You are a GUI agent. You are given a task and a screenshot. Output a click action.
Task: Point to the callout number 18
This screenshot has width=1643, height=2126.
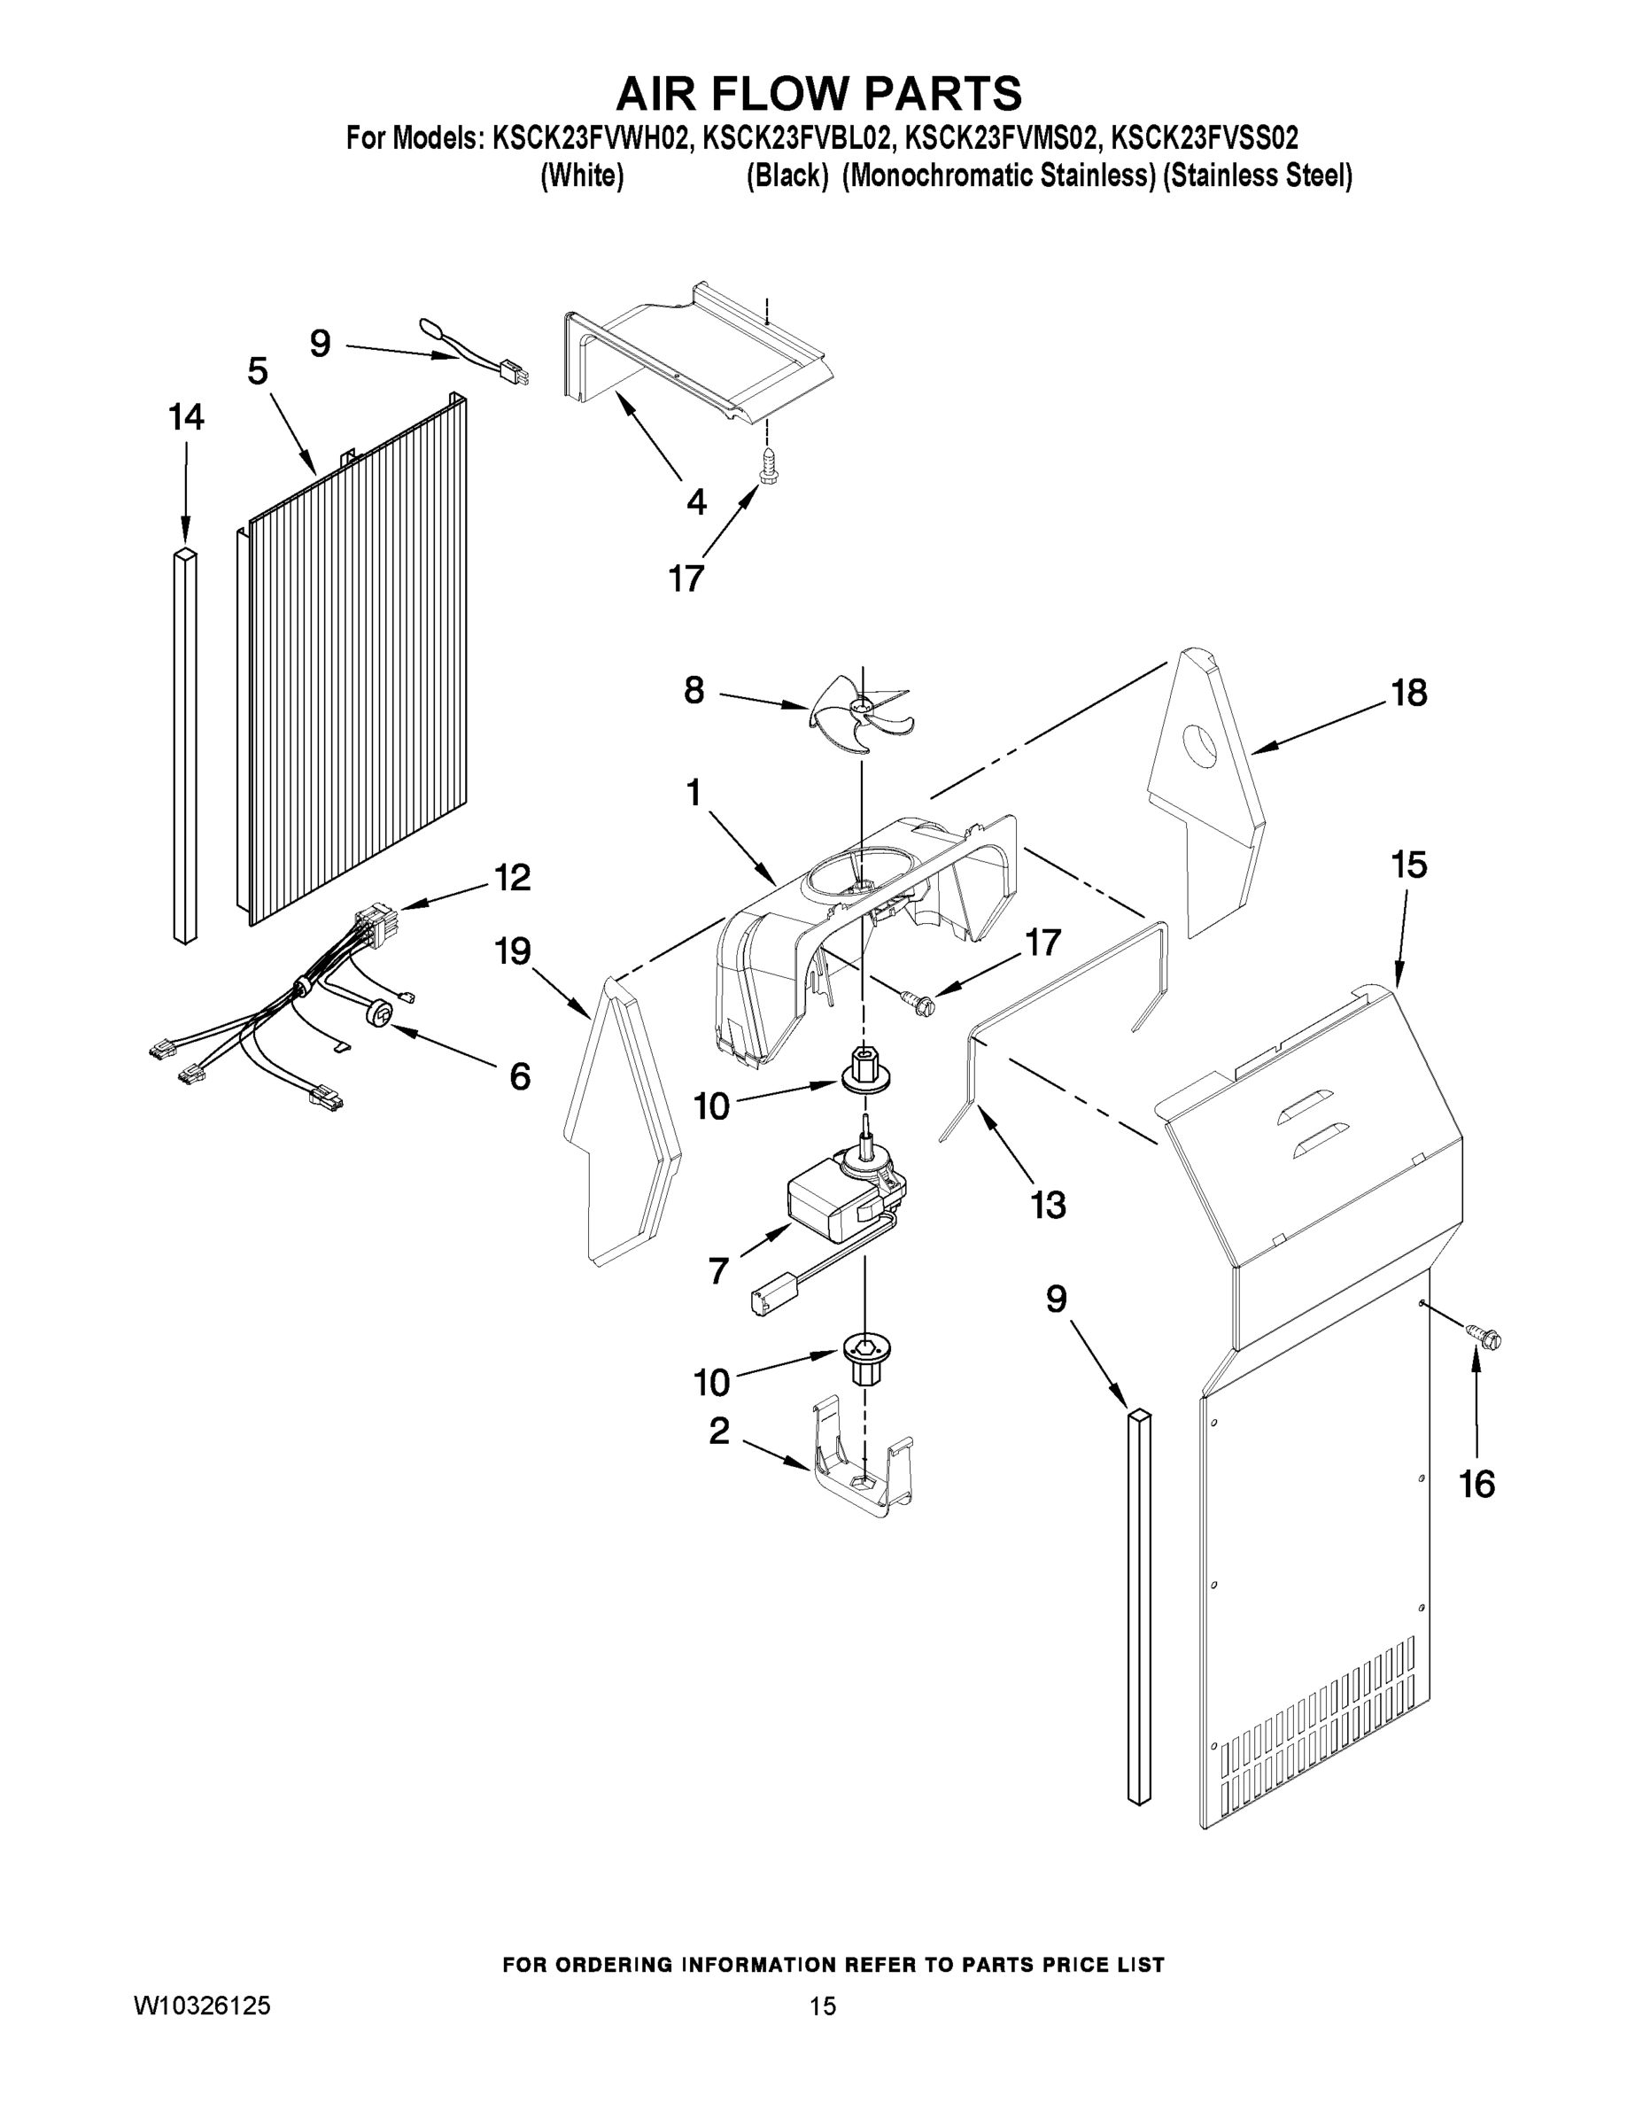1408,692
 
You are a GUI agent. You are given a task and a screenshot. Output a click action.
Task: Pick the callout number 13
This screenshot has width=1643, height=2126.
1049,1204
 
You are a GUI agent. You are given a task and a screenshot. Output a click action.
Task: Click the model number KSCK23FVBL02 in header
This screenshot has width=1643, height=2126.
796,137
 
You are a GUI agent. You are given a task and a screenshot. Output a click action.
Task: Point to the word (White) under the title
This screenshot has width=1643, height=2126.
582,176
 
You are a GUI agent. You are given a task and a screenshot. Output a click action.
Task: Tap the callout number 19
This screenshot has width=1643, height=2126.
513,950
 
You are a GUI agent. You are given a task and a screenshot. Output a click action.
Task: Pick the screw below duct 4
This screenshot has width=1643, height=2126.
767,466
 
